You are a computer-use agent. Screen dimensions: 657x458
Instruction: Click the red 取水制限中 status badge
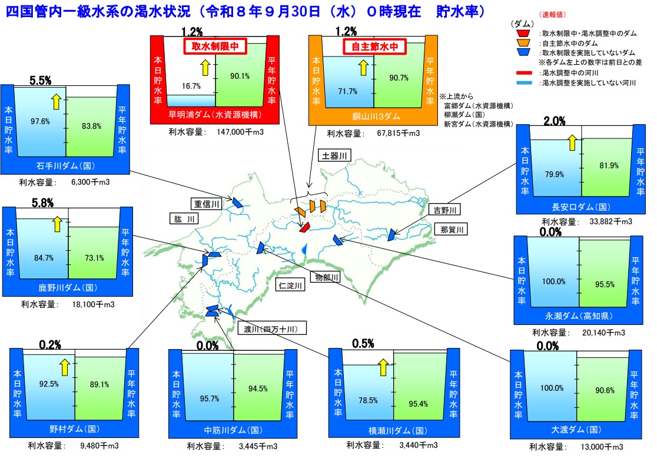[x=215, y=46]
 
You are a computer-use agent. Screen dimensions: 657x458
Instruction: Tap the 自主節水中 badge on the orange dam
[x=374, y=46]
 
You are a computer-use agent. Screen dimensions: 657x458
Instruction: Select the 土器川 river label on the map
[x=334, y=156]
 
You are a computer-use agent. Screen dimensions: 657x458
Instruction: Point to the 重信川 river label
[x=207, y=204]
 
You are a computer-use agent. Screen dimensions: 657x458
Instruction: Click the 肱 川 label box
[x=184, y=219]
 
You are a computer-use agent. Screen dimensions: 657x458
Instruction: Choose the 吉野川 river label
[x=445, y=210]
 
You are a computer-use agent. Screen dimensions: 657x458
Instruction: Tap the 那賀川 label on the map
[x=452, y=229]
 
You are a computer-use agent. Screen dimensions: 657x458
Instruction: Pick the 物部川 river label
[x=327, y=277]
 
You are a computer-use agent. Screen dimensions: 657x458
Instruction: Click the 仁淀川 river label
[x=290, y=286]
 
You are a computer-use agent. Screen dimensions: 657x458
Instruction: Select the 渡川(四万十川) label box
[x=271, y=328]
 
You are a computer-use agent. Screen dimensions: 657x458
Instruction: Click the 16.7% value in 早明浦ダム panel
[x=191, y=86]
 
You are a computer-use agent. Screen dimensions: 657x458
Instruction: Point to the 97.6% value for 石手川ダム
[x=40, y=121]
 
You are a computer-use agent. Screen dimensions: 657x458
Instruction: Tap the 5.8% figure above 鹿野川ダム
[x=43, y=203]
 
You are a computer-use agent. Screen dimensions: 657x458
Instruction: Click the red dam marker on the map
[x=304, y=228]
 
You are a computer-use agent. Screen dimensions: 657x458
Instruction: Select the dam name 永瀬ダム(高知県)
[x=579, y=316]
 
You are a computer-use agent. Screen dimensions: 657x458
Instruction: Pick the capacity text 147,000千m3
[x=240, y=132]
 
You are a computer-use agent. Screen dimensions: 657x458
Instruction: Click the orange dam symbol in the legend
[x=523, y=43]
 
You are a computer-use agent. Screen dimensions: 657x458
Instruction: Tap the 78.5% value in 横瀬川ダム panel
[x=368, y=400]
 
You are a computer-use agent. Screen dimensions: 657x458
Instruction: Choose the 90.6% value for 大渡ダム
[x=605, y=390]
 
